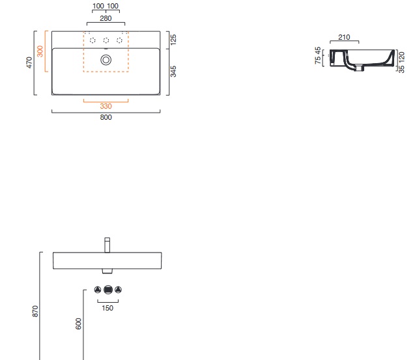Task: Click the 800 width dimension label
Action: pos(106,118)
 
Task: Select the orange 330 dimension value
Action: pos(106,106)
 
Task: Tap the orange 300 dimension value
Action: pos(40,51)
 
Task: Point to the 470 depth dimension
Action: pos(29,63)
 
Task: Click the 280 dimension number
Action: pos(105,18)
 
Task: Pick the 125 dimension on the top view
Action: pos(173,40)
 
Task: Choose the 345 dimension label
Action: pos(173,71)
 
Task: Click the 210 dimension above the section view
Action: pos(345,38)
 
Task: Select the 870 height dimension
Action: pos(35,311)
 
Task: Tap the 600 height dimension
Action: pos(78,324)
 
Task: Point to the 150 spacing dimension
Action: pos(107,308)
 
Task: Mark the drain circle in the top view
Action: pos(106,60)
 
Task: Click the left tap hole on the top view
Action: pos(93,41)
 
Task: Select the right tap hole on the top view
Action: pos(119,41)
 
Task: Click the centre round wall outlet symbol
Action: pos(108,290)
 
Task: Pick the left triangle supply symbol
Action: pos(98,290)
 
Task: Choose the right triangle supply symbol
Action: pos(118,290)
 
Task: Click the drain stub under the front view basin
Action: pos(107,270)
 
